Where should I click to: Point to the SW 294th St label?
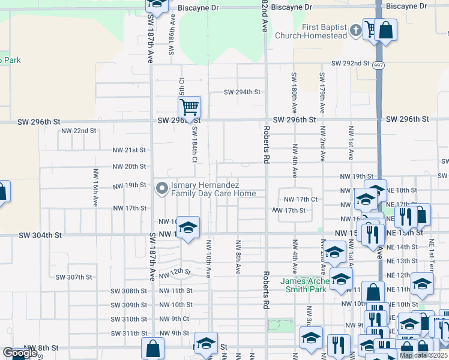tap(243, 92)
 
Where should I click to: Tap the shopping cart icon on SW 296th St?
tap(189, 107)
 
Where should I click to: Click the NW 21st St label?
tap(130, 150)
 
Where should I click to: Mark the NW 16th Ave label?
tap(95, 187)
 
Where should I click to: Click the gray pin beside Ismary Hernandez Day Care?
tap(161, 189)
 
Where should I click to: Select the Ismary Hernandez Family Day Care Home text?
tap(213, 189)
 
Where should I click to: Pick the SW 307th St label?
tap(73, 277)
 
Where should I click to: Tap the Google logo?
tap(19, 353)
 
